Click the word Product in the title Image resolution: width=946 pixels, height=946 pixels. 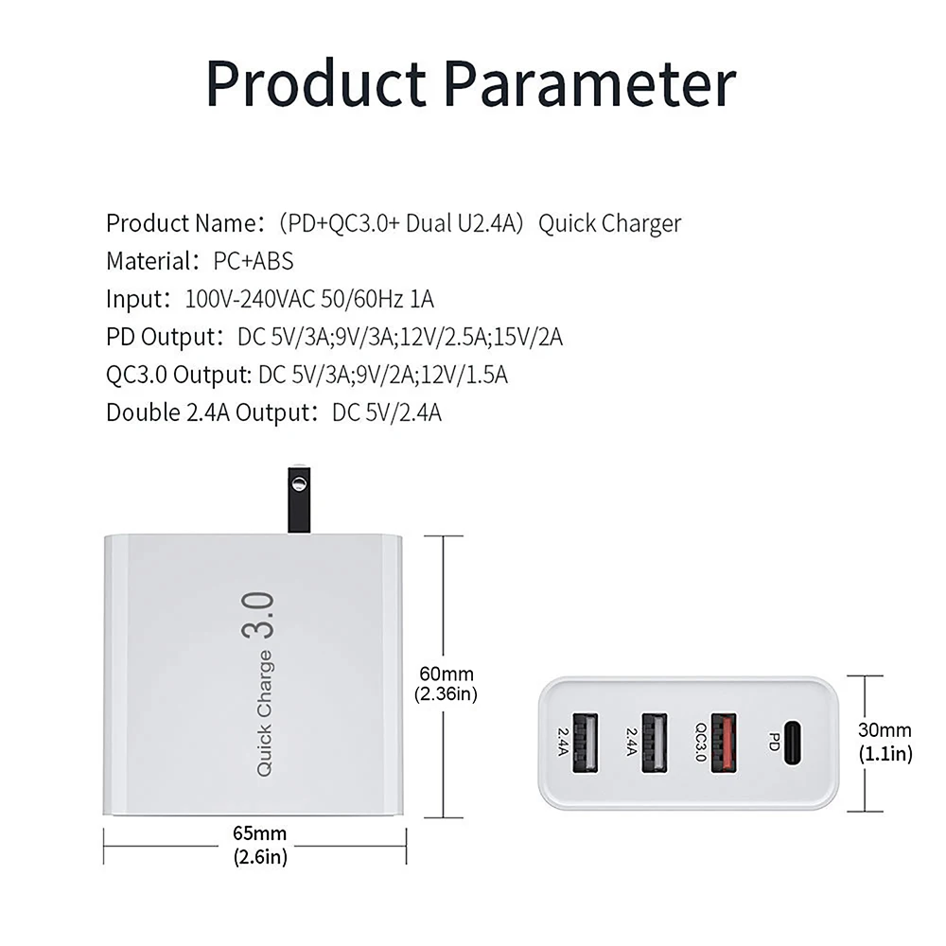[317, 83]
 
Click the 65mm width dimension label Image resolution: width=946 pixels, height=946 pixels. [259, 833]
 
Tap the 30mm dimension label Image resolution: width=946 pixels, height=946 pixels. [885, 730]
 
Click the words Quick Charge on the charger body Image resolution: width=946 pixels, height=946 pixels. [264, 714]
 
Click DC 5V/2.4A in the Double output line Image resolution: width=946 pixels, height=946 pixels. [387, 412]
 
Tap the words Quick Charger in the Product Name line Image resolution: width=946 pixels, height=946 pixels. [610, 223]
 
